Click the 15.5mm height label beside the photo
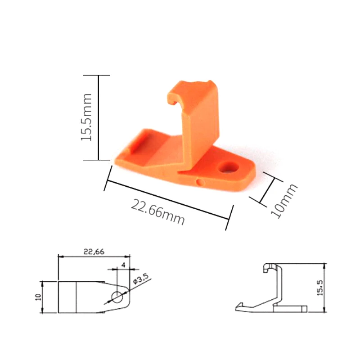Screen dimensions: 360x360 coord(86,117)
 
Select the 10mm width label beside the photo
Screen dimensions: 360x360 coord(284,201)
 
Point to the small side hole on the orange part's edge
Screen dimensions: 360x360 coord(200,183)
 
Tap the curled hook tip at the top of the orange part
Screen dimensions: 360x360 coord(172,99)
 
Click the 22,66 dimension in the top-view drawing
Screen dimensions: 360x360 coord(94,252)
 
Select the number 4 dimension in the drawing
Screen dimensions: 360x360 coord(123,265)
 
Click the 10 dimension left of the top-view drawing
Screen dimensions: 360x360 coord(38,297)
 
